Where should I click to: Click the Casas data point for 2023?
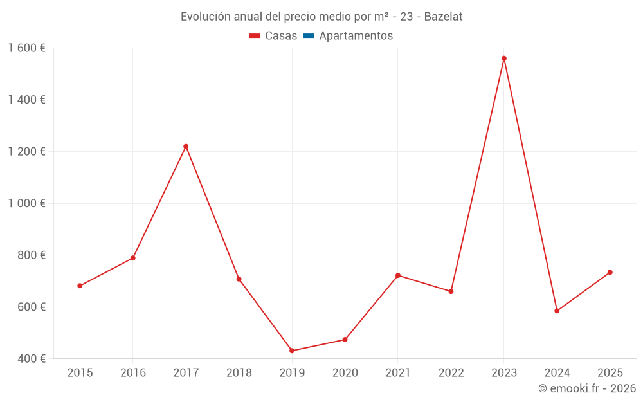pos(504,59)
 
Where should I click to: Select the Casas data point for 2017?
pos(186,147)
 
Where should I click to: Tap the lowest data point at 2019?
pos(292,351)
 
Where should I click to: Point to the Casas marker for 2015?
pos(80,286)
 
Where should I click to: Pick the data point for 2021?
pos(398,275)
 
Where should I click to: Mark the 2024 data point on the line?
pos(557,311)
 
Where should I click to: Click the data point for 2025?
pos(610,272)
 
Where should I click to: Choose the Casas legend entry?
pos(273,36)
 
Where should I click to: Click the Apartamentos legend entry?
pos(355,36)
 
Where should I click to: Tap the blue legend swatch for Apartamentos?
pos(308,36)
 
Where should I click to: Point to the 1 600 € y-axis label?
pos(26,48)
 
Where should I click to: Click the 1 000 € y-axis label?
pos(26,203)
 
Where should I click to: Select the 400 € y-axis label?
pos(31,358)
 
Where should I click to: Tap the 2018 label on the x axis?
pos(239,373)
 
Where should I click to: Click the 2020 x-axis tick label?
pos(345,373)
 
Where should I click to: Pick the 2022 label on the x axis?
pos(451,373)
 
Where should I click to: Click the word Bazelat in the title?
pos(443,17)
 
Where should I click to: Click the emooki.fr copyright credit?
pos(586,388)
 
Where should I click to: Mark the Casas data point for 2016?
pos(133,258)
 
